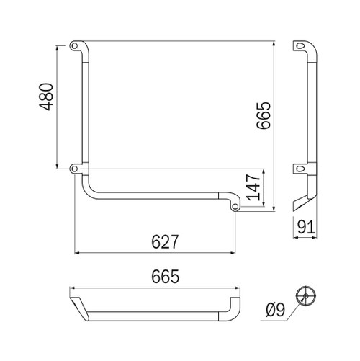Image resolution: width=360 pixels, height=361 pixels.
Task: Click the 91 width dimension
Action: [x=307, y=228]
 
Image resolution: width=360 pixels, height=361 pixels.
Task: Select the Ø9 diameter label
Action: [x=277, y=311]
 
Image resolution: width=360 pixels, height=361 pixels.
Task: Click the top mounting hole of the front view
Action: [x=75, y=45]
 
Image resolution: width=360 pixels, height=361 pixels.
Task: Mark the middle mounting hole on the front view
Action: [x=75, y=169]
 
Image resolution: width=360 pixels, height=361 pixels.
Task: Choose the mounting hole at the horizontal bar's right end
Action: [x=235, y=207]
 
